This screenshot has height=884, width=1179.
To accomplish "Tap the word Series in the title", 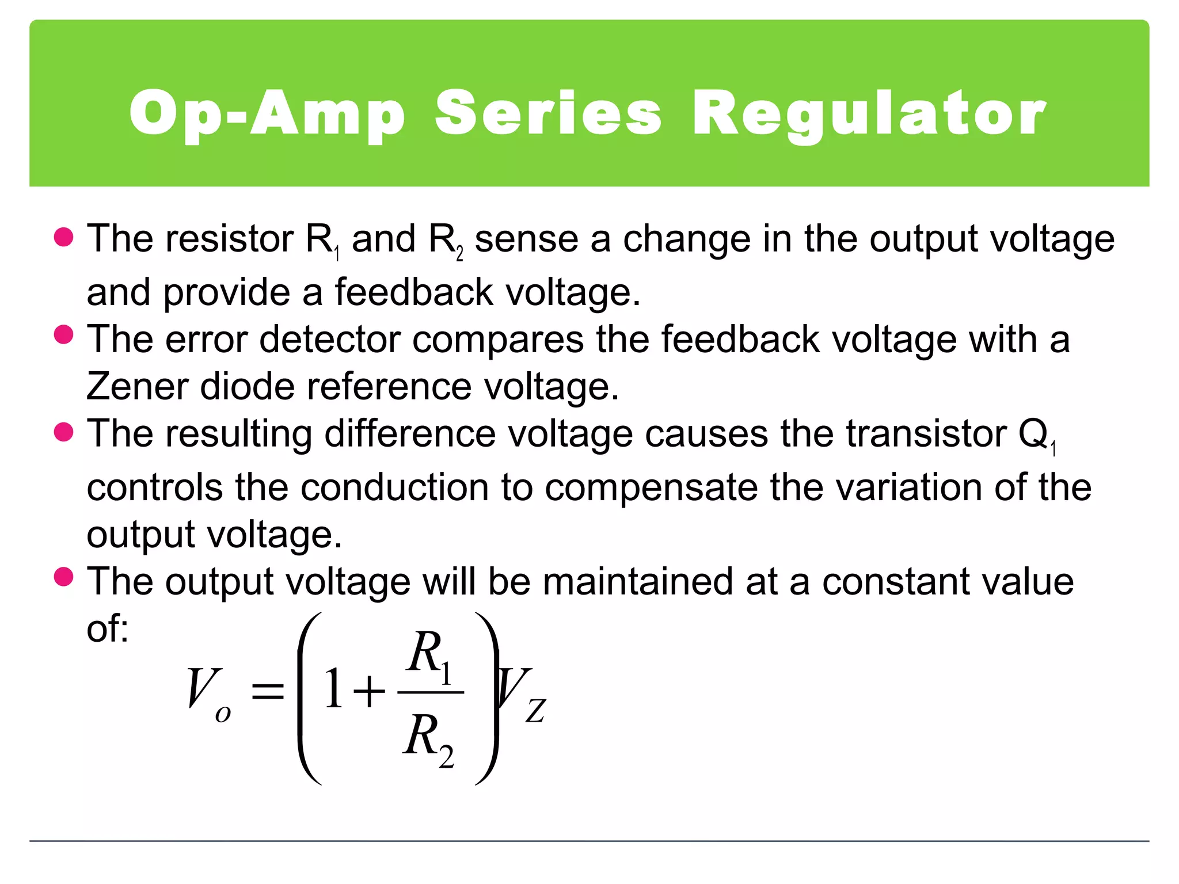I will coord(548,113).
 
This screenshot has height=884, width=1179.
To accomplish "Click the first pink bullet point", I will coord(64,237).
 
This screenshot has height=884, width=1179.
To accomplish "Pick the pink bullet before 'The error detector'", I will coord(64,334).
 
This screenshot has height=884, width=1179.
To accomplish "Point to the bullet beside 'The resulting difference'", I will coord(64,432).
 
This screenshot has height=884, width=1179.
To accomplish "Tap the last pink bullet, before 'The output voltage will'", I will coord(64,577).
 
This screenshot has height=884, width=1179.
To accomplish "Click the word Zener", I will coord(137,386).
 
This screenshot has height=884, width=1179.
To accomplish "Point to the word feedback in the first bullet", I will coord(414,292).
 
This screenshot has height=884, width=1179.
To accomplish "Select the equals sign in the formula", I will coord(268,690).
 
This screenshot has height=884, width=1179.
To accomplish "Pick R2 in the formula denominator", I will coord(428,739).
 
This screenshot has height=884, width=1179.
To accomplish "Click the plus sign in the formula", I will coord(369,691).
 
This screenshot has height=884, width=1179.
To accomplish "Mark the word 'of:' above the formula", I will coord(108,628).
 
